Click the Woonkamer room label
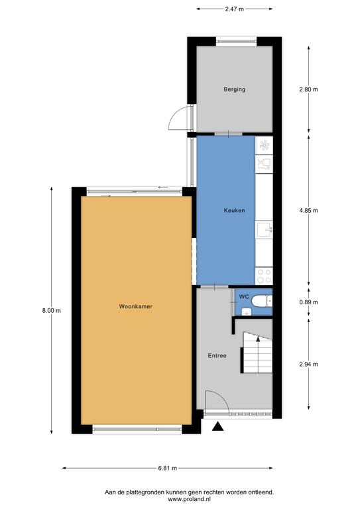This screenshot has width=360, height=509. pyautogui.click(x=136, y=306)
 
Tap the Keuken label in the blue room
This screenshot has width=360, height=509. pyautogui.click(x=235, y=210)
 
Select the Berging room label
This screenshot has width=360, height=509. pyautogui.click(x=235, y=89)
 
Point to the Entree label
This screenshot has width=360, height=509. pyautogui.click(x=217, y=356)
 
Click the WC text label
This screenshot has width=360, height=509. pyautogui.click(x=244, y=297)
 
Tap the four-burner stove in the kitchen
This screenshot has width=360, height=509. pyautogui.click(x=264, y=276)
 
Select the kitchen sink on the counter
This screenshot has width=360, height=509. pyautogui.click(x=264, y=229)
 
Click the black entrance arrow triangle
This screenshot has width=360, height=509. pyautogui.click(x=219, y=427)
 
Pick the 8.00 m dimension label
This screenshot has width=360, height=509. pyautogui.click(x=51, y=311)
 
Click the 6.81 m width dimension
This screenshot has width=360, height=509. pyautogui.click(x=168, y=468)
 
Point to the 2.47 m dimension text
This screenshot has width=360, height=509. pyautogui.click(x=235, y=9)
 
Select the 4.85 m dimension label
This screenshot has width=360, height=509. pyautogui.click(x=308, y=210)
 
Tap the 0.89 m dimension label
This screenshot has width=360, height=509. pyautogui.click(x=308, y=302)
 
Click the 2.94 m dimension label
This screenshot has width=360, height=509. pyautogui.click(x=308, y=365)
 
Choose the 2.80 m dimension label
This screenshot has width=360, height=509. pyautogui.click(x=308, y=89)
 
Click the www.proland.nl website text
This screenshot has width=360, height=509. pyautogui.click(x=189, y=498)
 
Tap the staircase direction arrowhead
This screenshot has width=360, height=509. pyautogui.click(x=258, y=339)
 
